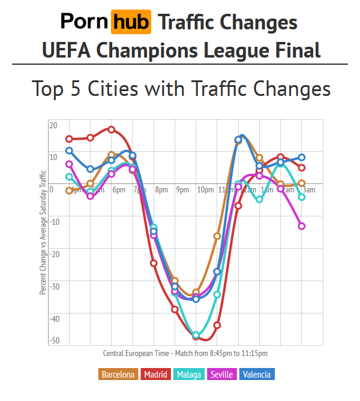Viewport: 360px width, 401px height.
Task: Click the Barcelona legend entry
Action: tap(118, 375)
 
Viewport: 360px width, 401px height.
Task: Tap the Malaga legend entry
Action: tap(190, 375)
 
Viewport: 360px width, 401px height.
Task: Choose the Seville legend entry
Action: tap(223, 375)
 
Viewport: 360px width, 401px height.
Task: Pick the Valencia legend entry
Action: tap(257, 375)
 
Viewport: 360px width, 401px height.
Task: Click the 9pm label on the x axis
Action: tap(182, 190)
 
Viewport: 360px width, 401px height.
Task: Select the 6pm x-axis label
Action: tap(118, 190)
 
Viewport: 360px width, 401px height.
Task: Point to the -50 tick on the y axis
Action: tap(54, 340)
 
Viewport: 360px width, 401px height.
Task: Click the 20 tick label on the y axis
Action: tap(53, 125)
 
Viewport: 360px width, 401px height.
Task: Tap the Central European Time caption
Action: tap(185, 354)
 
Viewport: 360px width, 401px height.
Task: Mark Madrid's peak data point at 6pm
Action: tap(112, 129)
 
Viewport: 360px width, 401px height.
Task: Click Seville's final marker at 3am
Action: tap(302, 226)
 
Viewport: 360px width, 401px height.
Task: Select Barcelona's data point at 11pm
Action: tap(217, 236)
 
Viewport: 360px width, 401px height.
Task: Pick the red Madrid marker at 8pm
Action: tap(154, 263)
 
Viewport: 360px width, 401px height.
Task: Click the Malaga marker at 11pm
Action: tap(217, 294)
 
